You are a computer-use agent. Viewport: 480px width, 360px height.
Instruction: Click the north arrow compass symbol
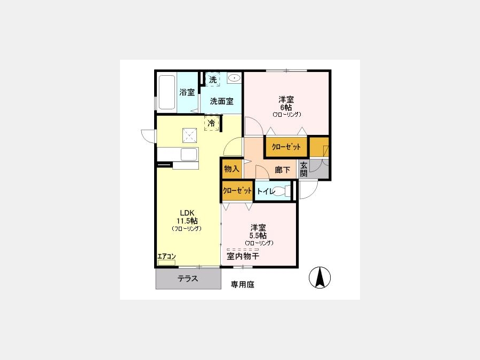point(319,278)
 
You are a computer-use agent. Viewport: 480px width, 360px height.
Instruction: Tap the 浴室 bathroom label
point(187,92)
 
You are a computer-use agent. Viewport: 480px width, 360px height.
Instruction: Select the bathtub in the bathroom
point(167,92)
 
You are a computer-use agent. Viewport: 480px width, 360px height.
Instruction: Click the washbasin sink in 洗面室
point(234,78)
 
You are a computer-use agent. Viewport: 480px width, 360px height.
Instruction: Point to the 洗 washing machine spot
point(213,79)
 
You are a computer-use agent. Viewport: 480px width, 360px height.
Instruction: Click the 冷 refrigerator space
point(212,123)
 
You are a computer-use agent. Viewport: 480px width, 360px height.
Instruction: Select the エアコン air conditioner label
point(166,256)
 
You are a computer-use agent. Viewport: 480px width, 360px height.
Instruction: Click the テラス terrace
point(188,279)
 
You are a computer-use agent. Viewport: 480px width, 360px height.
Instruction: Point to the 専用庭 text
point(243,284)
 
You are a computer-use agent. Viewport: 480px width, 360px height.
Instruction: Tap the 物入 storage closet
point(232,169)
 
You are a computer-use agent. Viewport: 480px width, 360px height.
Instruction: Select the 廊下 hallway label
point(282,169)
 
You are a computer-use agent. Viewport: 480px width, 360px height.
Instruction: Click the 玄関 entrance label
point(303,169)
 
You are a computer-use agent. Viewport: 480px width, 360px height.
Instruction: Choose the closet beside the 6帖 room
point(286,147)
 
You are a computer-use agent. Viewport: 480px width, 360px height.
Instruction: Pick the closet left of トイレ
point(237,191)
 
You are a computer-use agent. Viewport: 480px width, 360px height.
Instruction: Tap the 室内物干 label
point(243,256)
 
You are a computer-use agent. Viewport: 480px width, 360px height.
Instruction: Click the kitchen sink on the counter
point(189,154)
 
